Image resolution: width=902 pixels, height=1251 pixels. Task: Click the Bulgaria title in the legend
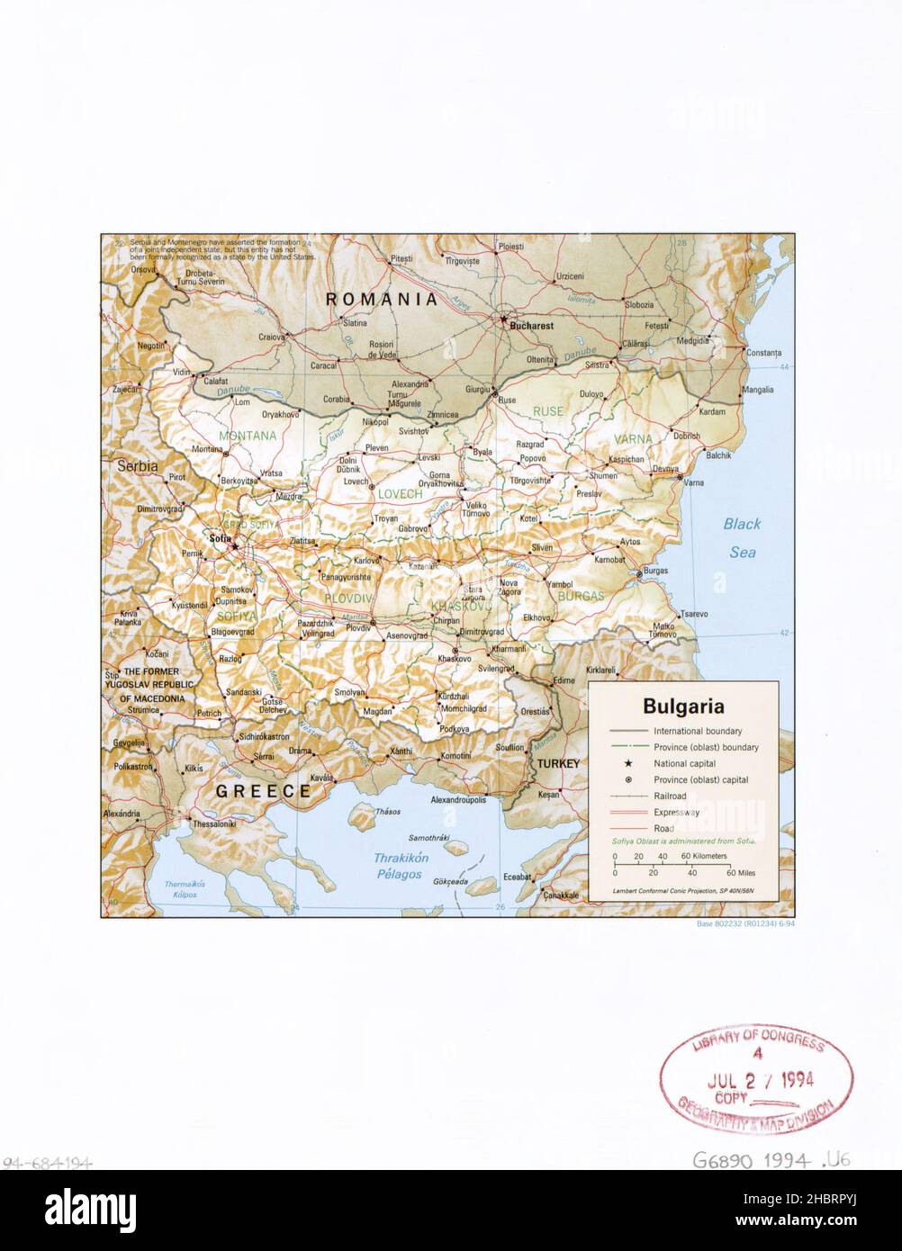click(682, 706)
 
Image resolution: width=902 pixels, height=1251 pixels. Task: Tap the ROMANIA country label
click(381, 299)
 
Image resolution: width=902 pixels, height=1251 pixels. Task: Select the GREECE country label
click(262, 791)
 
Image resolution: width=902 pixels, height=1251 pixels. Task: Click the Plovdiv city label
click(357, 626)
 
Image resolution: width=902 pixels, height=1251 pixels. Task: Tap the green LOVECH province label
click(401, 494)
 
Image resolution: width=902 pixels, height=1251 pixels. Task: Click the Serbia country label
click(135, 467)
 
